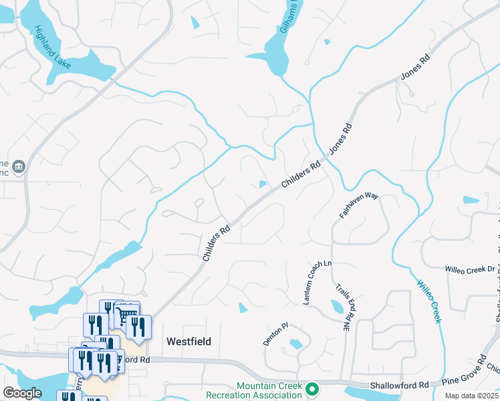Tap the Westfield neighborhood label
(x=189, y=342)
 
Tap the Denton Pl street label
(x=275, y=334)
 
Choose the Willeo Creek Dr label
(x=470, y=269)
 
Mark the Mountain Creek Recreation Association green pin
(x=311, y=388)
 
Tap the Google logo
(x=22, y=393)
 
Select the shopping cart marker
(x=127, y=314)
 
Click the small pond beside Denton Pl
(x=295, y=345)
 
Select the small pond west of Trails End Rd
(x=337, y=307)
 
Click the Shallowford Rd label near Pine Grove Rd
(x=405, y=386)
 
